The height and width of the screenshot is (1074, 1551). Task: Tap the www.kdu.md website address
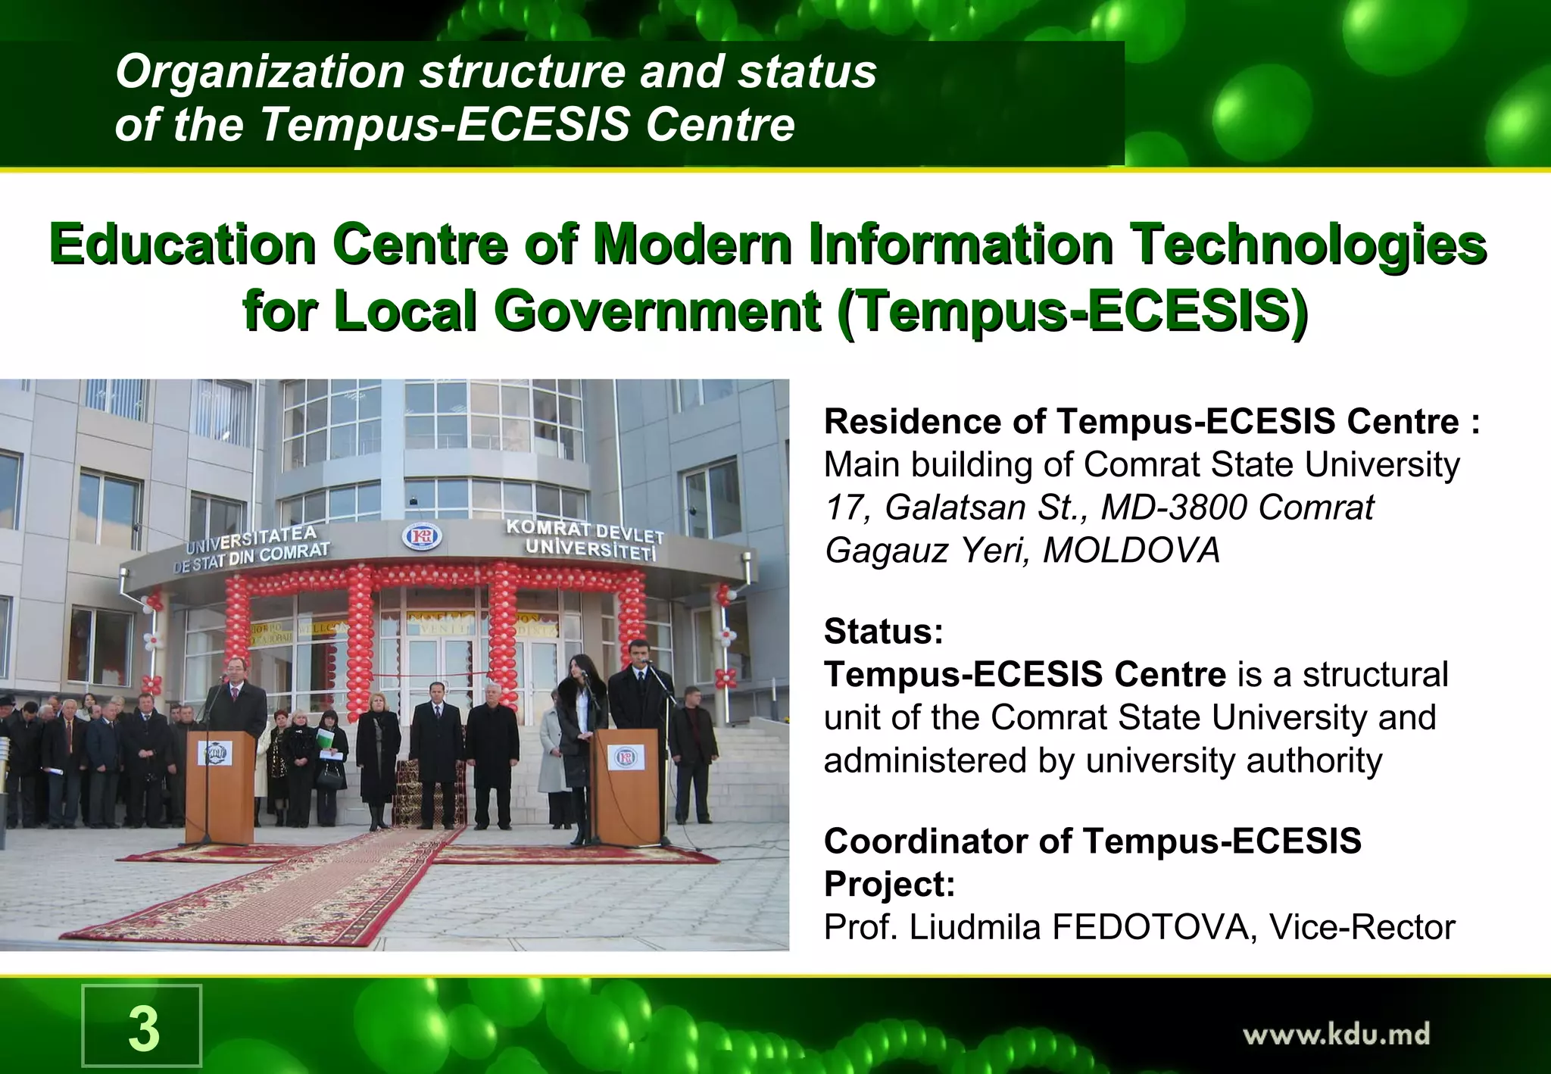point(1336,1034)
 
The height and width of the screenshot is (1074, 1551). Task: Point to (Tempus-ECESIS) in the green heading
point(1073,311)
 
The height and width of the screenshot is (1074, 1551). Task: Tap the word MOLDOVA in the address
point(1131,551)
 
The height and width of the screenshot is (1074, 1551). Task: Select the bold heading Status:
point(884,631)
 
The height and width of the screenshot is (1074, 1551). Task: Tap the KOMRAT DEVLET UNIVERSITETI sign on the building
point(585,539)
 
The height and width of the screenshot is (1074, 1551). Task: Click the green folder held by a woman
point(325,738)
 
